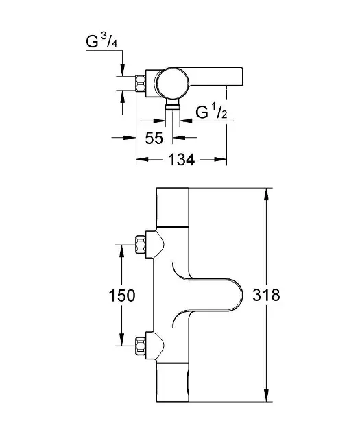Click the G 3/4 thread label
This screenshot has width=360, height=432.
tap(101, 41)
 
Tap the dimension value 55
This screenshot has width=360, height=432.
tap(154, 138)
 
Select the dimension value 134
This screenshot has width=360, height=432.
tap(182, 160)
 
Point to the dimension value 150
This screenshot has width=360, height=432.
tap(122, 296)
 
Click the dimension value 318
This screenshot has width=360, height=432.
tap(266, 295)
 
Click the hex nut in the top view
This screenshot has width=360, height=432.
tap(141, 83)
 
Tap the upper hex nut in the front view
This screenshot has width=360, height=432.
tap(140, 244)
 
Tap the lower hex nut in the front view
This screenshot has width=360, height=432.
tap(140, 345)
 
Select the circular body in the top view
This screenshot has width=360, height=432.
tap(172, 83)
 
